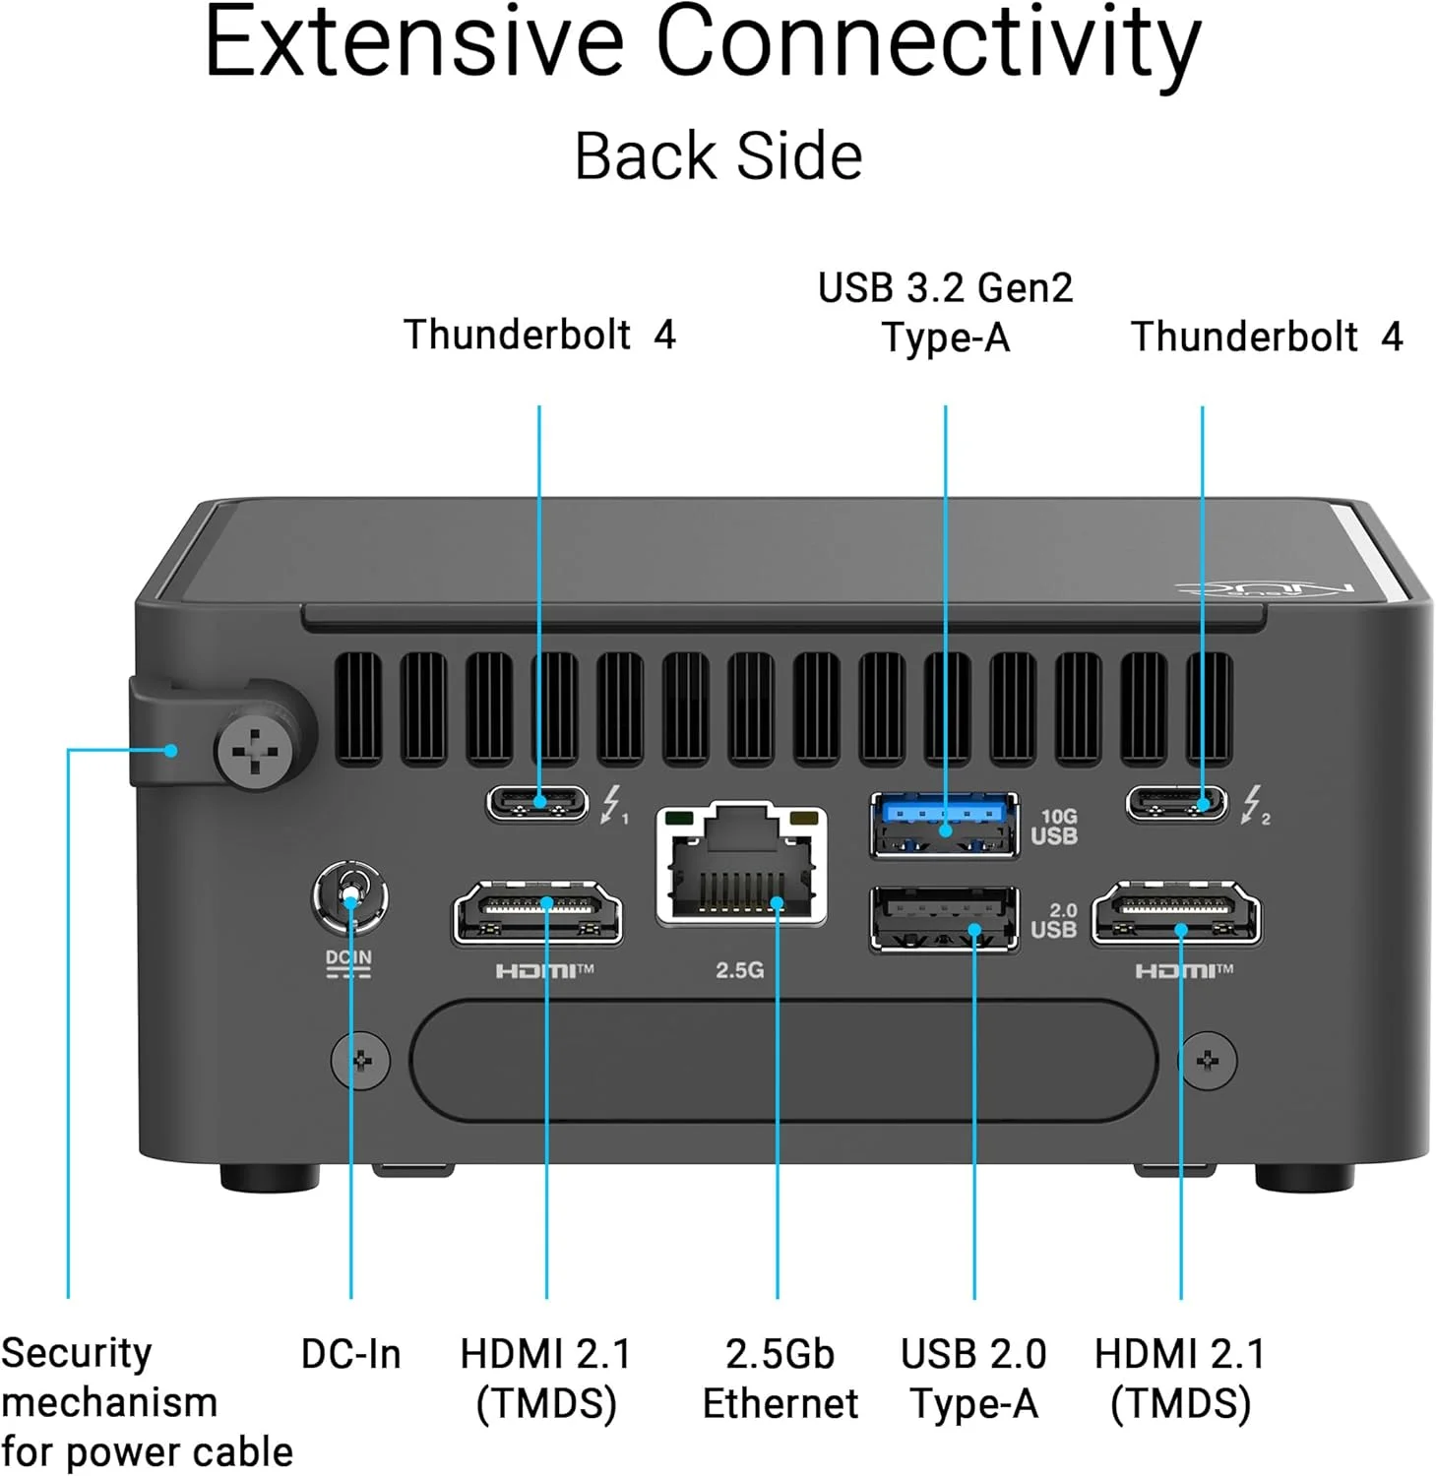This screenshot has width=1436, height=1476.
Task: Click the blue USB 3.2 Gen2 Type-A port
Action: (944, 825)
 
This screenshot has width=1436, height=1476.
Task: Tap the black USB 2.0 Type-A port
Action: (944, 919)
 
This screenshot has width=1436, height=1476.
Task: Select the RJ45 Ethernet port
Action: (741, 864)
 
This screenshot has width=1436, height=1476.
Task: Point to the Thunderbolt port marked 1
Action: (537, 803)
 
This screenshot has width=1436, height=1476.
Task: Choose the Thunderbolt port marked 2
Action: (1177, 803)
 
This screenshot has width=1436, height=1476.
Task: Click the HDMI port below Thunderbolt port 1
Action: (537, 913)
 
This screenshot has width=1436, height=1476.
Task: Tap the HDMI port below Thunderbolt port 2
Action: (1176, 913)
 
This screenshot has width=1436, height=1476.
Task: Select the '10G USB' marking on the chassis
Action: (1055, 827)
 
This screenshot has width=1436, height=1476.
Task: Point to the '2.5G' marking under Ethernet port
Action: (739, 970)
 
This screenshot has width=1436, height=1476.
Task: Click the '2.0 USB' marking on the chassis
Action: (1054, 920)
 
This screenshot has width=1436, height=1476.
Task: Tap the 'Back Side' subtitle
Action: (718, 156)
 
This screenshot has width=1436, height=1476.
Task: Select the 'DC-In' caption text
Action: (351, 1354)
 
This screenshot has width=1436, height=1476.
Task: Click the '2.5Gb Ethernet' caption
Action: (780, 1379)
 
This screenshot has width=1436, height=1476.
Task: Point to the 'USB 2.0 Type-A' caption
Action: (973, 1379)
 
